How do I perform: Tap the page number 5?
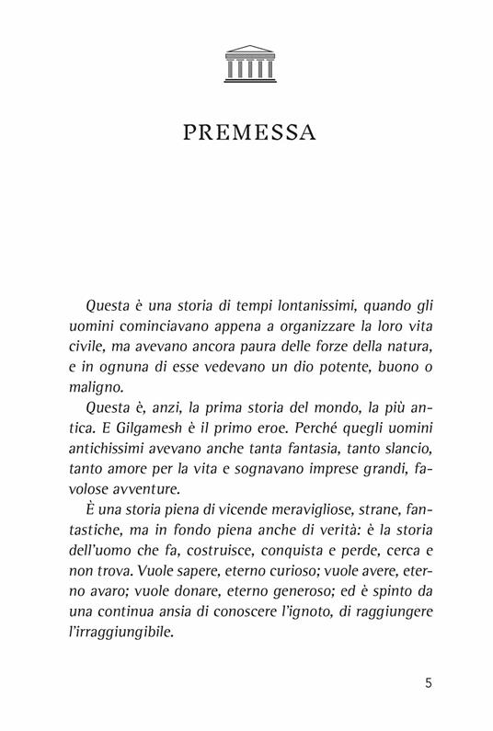coord(430,683)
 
